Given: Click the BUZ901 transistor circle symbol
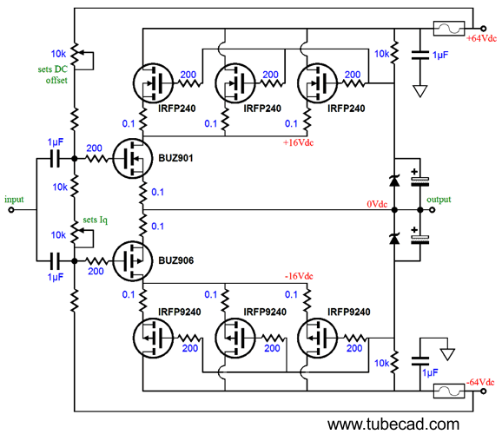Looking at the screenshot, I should (132, 160).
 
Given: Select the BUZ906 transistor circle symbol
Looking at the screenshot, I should (132, 259).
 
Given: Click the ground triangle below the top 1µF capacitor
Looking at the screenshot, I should (421, 89).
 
